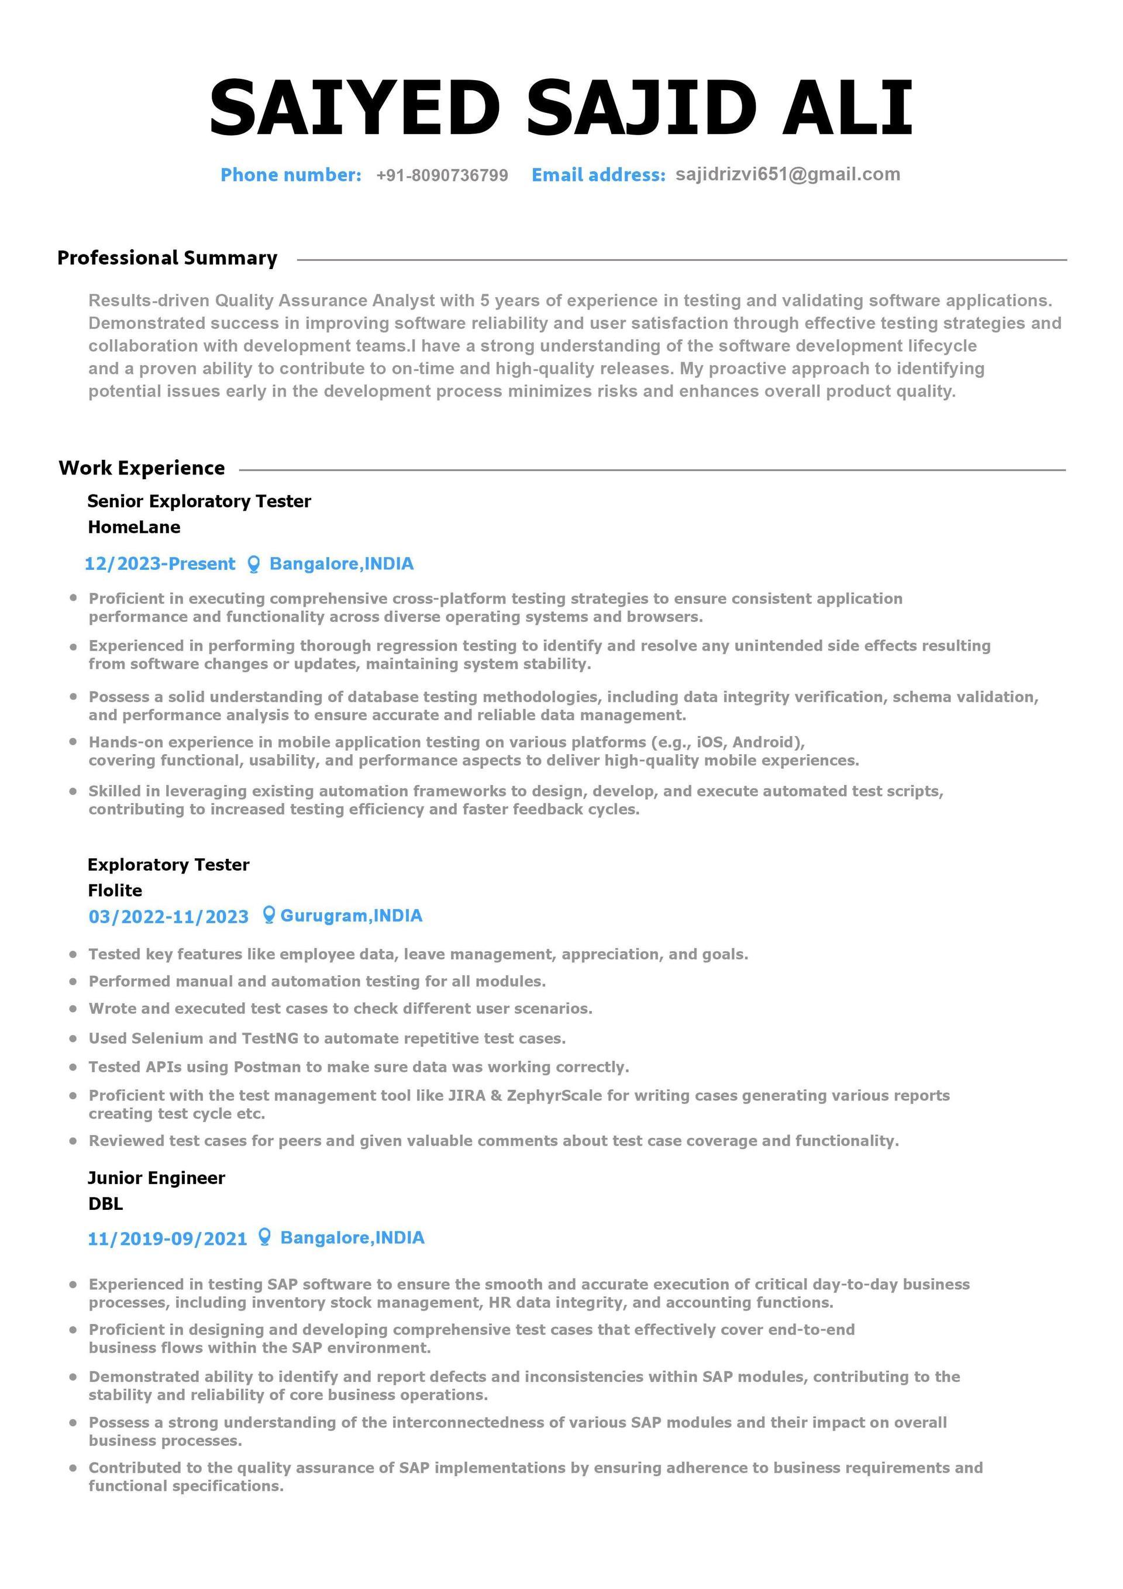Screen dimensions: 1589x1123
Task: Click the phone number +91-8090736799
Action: tap(442, 175)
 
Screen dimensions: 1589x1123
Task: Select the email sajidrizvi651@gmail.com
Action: tap(787, 174)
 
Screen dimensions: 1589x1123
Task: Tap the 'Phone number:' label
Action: tap(291, 174)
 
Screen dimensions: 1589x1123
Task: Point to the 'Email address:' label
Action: tap(598, 174)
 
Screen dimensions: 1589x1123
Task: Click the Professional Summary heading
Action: tap(167, 257)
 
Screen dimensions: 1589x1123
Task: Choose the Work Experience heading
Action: tap(142, 468)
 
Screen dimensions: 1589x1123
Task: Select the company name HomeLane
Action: tap(135, 527)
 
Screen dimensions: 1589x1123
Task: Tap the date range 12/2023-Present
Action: tap(160, 563)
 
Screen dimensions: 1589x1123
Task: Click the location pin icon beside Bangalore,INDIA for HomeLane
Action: tap(254, 564)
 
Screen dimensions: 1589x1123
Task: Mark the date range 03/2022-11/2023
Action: tap(168, 916)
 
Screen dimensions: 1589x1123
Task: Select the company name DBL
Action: tap(105, 1203)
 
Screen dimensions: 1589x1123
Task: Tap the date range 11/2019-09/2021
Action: tap(167, 1238)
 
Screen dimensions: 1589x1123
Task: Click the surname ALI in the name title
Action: tap(847, 108)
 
